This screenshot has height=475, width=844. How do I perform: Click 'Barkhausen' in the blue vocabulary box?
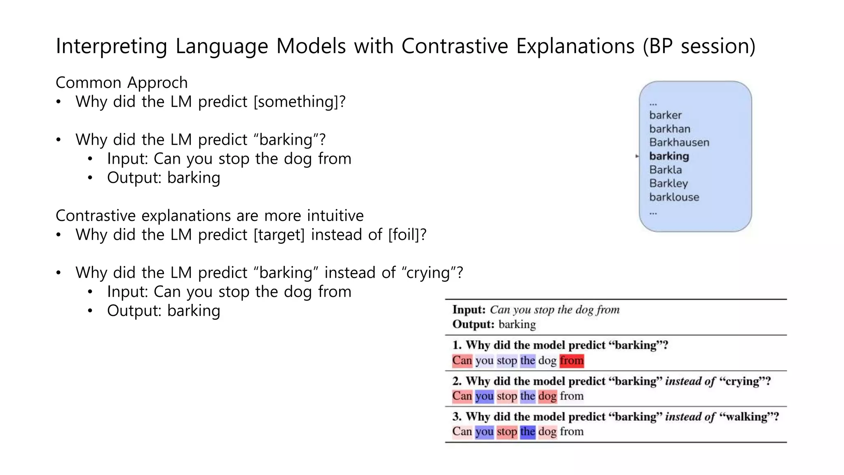coord(679,142)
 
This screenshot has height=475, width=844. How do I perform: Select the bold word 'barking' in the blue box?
coord(669,156)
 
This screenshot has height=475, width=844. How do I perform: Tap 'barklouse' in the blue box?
coord(674,197)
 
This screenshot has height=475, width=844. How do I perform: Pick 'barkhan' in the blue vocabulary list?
coord(669,129)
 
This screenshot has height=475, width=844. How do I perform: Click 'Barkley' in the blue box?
coord(668,183)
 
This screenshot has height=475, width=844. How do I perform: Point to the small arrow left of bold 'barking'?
coord(637,156)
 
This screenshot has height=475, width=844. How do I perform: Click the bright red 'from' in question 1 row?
coord(571,360)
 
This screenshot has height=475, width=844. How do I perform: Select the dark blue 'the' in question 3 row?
coord(527,432)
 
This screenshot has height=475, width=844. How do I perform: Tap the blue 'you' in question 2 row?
coord(484,396)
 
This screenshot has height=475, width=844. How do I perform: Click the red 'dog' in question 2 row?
coord(547,396)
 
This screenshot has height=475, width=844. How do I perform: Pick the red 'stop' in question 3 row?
coord(506,432)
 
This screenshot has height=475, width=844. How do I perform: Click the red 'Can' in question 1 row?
coord(462,360)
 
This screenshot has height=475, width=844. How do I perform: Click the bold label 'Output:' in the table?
coord(473,325)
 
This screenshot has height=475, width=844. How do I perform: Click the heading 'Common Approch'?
coord(122,82)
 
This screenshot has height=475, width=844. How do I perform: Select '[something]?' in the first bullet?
coord(300,102)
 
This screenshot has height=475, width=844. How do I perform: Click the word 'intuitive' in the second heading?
coord(335,216)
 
